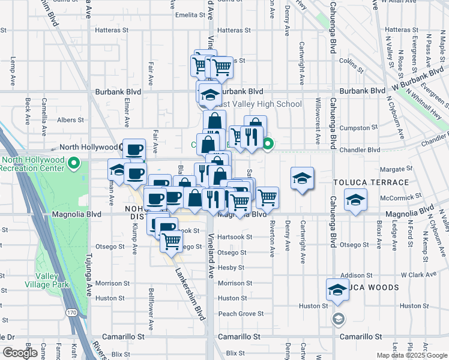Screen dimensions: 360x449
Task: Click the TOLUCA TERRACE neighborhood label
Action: click(371, 182)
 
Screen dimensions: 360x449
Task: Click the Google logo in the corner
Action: click(20, 353)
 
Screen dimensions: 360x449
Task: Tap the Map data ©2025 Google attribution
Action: click(411, 355)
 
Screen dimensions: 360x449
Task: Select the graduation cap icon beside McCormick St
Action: click(356, 200)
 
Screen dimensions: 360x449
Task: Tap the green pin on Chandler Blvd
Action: click(268, 144)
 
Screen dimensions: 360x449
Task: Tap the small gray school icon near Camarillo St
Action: click(338, 319)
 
